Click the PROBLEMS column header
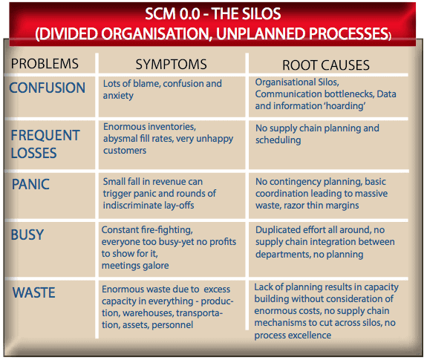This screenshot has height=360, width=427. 45,64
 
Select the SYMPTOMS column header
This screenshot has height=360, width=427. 172,65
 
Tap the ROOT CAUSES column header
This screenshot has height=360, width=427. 326,65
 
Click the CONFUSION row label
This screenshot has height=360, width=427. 48,88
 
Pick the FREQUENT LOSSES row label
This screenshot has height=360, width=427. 45,144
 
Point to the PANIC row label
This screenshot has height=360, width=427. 30,184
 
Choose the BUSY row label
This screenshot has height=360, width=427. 27,235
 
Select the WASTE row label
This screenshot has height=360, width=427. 33,292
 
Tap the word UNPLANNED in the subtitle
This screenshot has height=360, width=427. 261,33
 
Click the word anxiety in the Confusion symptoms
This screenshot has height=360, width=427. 118,96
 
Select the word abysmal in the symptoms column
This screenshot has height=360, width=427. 120,139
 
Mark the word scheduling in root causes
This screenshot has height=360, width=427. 278,140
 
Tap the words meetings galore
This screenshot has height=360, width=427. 135,265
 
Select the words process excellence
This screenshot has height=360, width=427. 293,336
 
